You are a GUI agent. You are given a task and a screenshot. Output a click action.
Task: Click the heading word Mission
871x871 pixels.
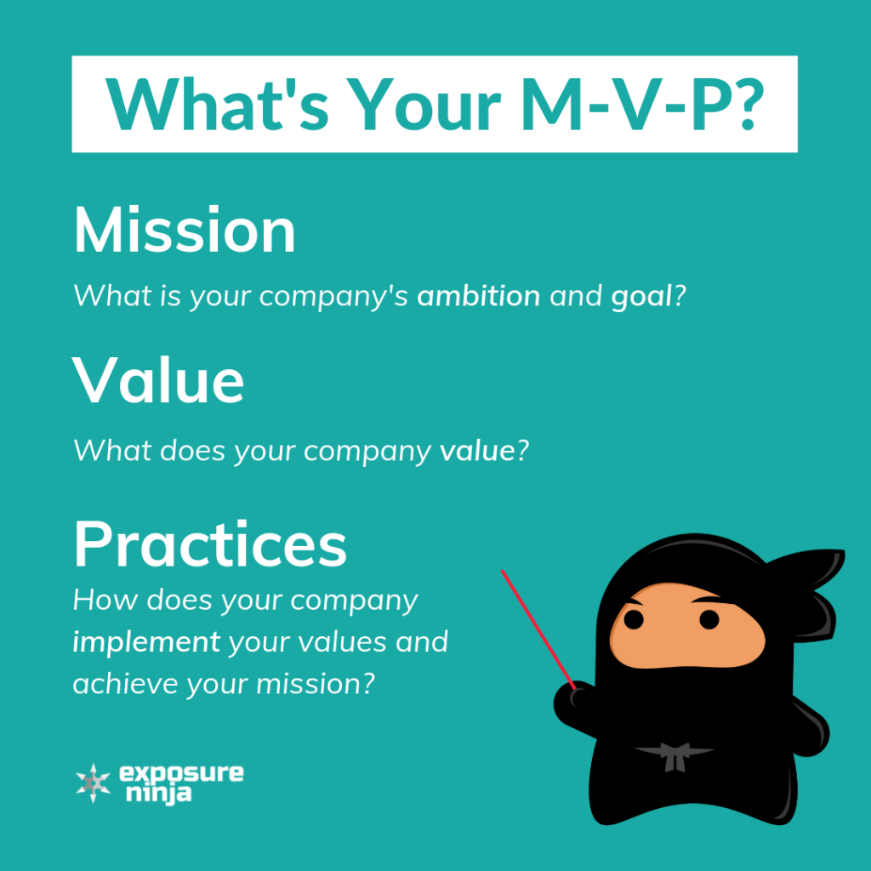pos(185,231)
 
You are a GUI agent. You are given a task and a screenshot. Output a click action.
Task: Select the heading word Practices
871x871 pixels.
pos(210,544)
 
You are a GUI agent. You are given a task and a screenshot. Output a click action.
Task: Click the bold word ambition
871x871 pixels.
pos(479,297)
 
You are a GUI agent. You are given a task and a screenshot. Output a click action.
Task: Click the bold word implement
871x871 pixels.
pos(146,642)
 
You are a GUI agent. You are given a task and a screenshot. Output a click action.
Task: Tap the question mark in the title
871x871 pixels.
pos(740,104)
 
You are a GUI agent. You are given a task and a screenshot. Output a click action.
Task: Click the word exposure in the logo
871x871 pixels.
pos(181,773)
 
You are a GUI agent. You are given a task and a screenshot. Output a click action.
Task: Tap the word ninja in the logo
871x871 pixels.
pos(160,795)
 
